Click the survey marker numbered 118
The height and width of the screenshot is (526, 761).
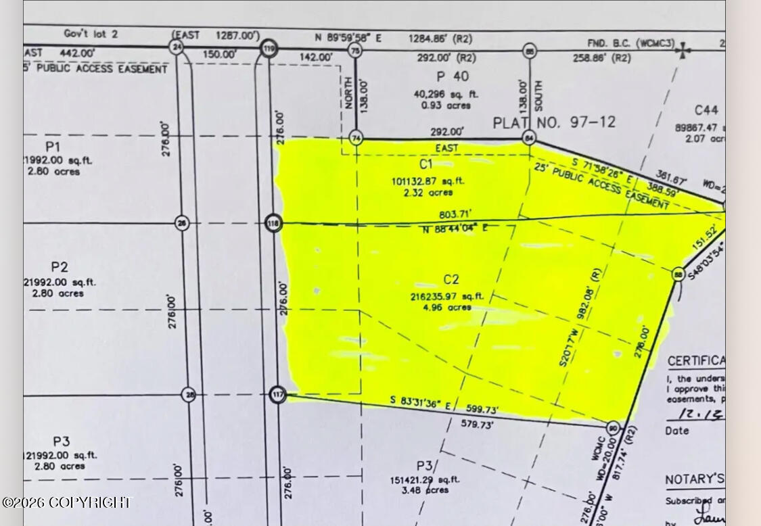pyautogui.click(x=273, y=223)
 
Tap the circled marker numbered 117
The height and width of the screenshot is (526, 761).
pyautogui.click(x=277, y=395)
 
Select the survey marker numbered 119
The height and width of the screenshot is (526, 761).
pyautogui.click(x=269, y=49)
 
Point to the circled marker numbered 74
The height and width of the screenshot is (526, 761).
pyautogui.click(x=356, y=137)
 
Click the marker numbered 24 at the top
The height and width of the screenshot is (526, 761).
pyautogui.click(x=177, y=47)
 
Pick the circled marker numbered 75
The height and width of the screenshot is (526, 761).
pyautogui.click(x=355, y=50)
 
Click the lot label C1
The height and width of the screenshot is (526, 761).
pyautogui.click(x=425, y=164)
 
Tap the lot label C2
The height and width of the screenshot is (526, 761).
pyautogui.click(x=451, y=279)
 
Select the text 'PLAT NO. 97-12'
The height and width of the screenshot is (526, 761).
pyautogui.click(x=554, y=122)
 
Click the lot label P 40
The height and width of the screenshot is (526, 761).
pyautogui.click(x=452, y=76)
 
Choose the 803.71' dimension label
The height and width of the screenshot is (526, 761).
pyautogui.click(x=455, y=215)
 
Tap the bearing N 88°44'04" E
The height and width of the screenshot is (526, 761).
pyautogui.click(x=455, y=229)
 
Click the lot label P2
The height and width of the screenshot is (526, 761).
pyautogui.click(x=59, y=266)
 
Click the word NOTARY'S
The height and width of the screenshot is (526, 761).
pyautogui.click(x=689, y=480)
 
